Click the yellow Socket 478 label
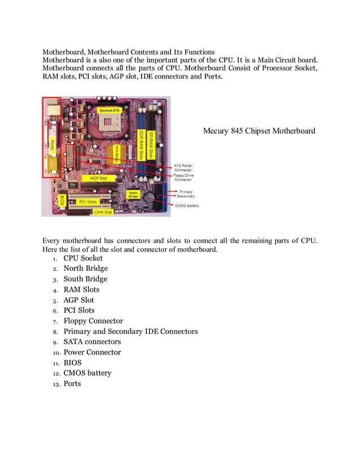(108, 109)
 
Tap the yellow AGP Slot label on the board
(94, 177)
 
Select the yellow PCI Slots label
(87, 201)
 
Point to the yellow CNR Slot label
(103, 212)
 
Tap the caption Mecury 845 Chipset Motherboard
(259, 131)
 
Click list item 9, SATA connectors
(92, 342)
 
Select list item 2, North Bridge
(85, 269)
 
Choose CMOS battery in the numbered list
(87, 373)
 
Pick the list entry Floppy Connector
(93, 321)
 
